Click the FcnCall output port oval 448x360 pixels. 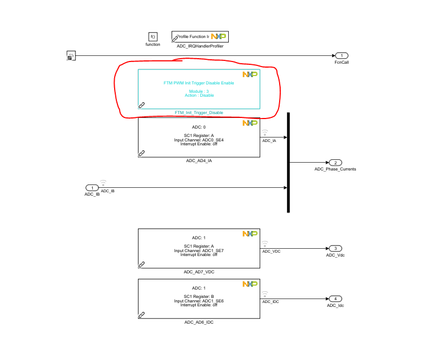[341, 55]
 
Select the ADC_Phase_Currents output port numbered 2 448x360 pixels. [334, 162]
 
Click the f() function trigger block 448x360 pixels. [153, 36]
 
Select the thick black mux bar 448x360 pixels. [289, 162]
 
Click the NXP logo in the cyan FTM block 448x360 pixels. [249, 74]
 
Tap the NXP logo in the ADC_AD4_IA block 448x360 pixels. [249, 122]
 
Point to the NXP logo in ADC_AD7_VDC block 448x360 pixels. [249, 234]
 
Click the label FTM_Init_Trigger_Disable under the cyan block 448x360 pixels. [199, 113]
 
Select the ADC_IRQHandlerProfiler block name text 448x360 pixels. [200, 46]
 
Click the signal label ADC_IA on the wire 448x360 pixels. [269, 140]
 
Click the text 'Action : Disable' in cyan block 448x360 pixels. [199, 95]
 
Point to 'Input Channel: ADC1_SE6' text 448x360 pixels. [199, 301]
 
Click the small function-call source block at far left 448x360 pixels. [71, 55]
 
